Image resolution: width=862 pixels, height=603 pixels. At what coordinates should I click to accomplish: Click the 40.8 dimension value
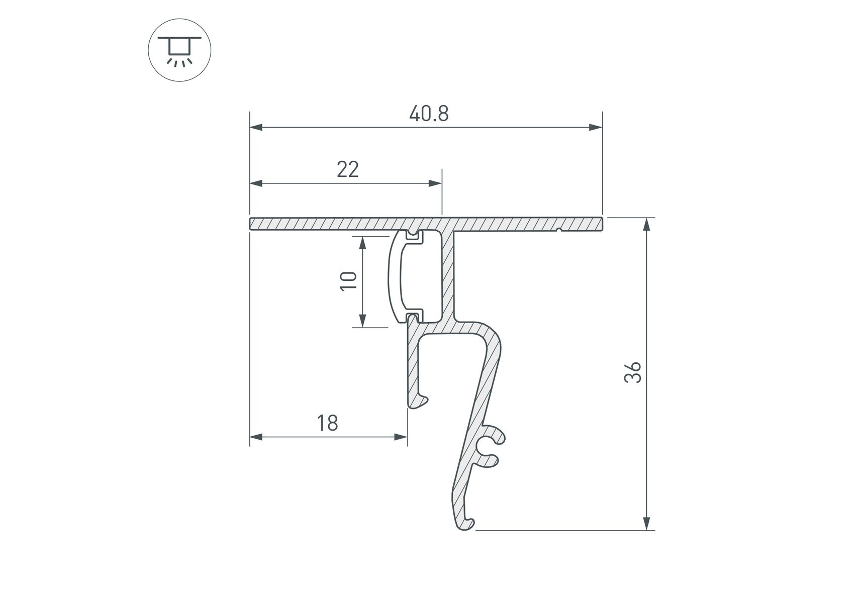pyautogui.click(x=429, y=114)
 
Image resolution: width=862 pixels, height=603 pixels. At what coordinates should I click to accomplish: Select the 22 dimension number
pyautogui.click(x=348, y=170)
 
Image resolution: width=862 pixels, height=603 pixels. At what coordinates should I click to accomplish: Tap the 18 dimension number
pyautogui.click(x=328, y=423)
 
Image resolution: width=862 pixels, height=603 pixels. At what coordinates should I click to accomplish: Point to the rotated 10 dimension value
pyautogui.click(x=349, y=280)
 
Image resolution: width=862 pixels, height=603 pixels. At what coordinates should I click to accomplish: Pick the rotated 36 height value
pyautogui.click(x=633, y=372)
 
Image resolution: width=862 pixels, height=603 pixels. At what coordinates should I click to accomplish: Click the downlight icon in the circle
pyautogui.click(x=179, y=51)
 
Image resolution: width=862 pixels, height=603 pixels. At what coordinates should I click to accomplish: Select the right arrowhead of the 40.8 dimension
pyautogui.click(x=596, y=128)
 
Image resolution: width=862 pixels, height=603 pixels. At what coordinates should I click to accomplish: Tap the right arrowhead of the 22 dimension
pyautogui.click(x=435, y=183)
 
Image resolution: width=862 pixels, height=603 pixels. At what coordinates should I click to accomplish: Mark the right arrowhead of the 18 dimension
pyautogui.click(x=401, y=437)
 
